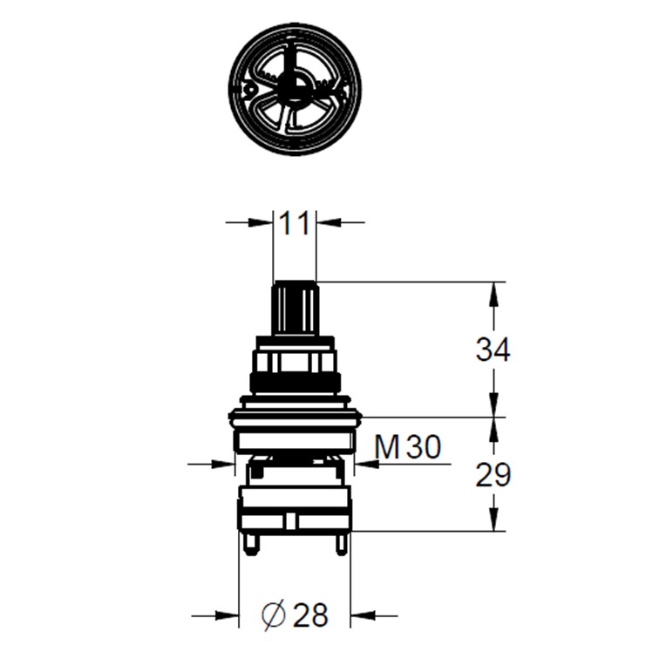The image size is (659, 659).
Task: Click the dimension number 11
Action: [294, 223]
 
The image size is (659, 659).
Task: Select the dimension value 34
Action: [493, 350]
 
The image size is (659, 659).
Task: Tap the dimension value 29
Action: [493, 475]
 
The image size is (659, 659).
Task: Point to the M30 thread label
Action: [408, 446]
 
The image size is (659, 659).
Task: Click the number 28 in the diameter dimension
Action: [310, 615]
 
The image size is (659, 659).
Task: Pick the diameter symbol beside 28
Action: [273, 615]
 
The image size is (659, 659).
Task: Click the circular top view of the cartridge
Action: [295, 89]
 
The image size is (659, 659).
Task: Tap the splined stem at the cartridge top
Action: [295, 308]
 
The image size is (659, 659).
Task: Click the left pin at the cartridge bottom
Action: [251, 544]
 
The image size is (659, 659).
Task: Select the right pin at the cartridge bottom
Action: [341, 544]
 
